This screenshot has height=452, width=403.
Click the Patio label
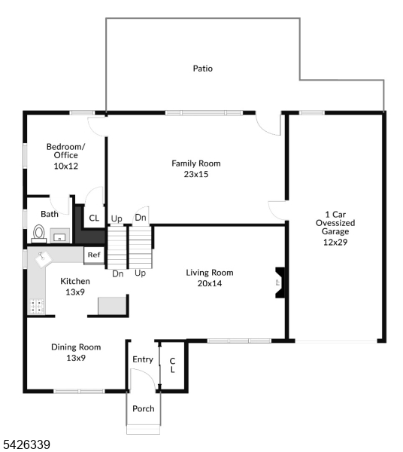click(202, 69)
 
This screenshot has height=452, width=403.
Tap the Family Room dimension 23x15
click(195, 174)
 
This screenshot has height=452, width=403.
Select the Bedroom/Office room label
click(65, 151)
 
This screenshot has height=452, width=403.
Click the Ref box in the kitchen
click(94, 255)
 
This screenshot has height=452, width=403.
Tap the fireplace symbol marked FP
click(277, 283)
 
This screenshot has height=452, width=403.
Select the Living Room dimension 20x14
click(210, 283)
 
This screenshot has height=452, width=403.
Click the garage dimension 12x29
click(335, 243)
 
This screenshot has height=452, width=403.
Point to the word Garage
click(335, 232)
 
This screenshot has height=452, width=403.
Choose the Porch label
click(143, 409)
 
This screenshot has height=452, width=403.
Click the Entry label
click(143, 359)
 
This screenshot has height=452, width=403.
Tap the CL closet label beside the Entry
click(172, 365)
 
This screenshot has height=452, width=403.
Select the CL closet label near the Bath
click(94, 218)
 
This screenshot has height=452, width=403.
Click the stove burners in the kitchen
click(36, 306)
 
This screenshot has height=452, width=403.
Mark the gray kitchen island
click(111, 305)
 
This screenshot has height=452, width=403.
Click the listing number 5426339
click(26, 445)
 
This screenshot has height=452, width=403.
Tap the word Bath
click(50, 214)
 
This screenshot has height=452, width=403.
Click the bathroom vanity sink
click(59, 237)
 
